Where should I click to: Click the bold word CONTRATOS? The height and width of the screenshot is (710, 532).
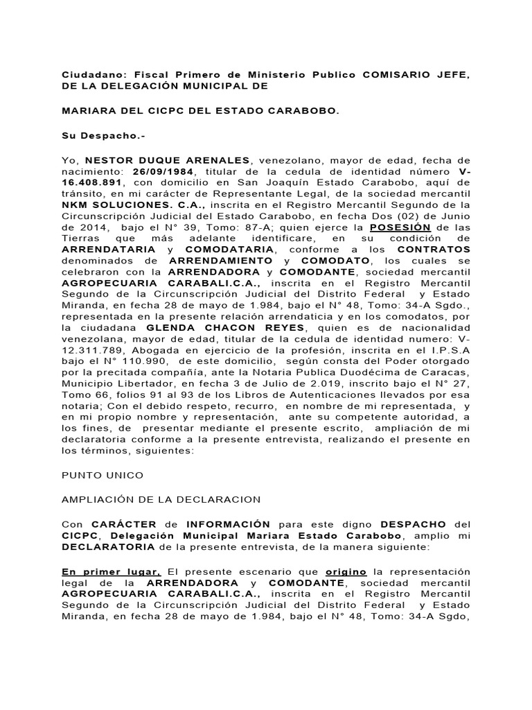(437, 248)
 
